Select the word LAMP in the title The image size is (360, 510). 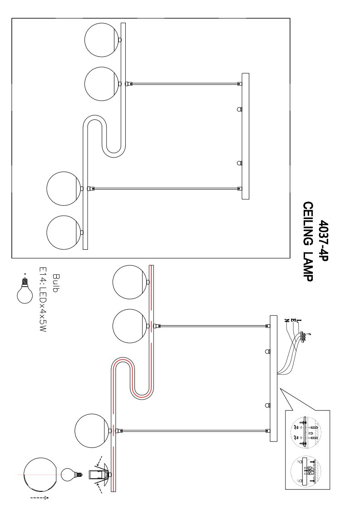(308, 267)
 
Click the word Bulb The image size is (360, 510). (55, 283)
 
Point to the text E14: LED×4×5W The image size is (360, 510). (43, 300)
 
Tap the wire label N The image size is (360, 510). (287, 320)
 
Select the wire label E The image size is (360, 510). (293, 321)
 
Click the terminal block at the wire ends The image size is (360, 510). (303, 337)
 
